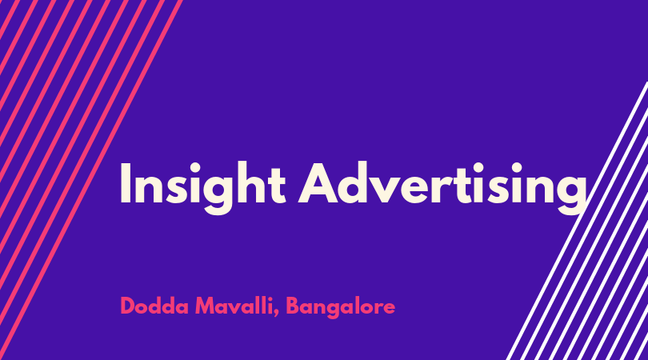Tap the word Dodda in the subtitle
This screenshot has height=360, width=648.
[x=154, y=306]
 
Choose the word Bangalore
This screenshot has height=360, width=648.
[x=341, y=307]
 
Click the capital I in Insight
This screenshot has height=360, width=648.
[x=126, y=183]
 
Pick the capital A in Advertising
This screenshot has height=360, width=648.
[x=318, y=183]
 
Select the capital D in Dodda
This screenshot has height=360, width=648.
[x=128, y=306]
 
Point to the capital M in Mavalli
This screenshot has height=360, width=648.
[x=206, y=306]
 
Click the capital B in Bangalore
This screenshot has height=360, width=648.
[x=293, y=306]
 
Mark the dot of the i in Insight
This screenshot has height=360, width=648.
[x=195, y=166]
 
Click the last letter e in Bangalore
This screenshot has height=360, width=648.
[x=388, y=309]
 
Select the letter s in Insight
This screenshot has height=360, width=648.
[x=177, y=190]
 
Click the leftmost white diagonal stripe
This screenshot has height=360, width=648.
[x=577, y=221]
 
